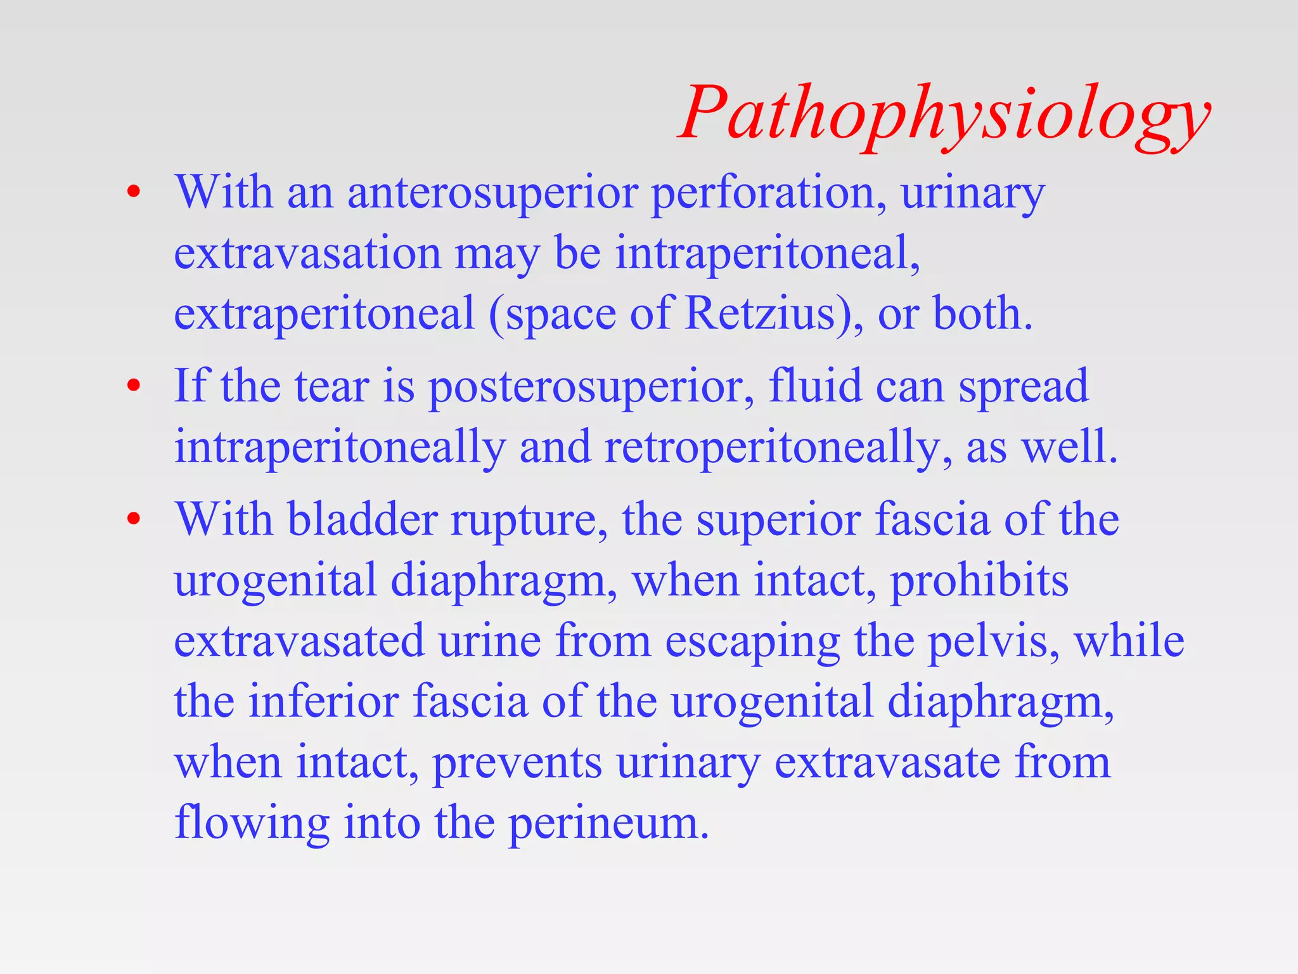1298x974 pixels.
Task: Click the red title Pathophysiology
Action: tap(944, 114)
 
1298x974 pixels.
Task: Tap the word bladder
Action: tap(362, 519)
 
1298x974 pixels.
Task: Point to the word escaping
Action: tap(752, 642)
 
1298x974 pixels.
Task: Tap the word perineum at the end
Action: tap(608, 824)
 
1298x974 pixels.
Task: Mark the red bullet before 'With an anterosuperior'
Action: tap(133, 193)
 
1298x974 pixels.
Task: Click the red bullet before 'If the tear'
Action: tap(133, 386)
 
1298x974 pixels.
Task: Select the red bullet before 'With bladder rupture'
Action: tap(133, 519)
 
